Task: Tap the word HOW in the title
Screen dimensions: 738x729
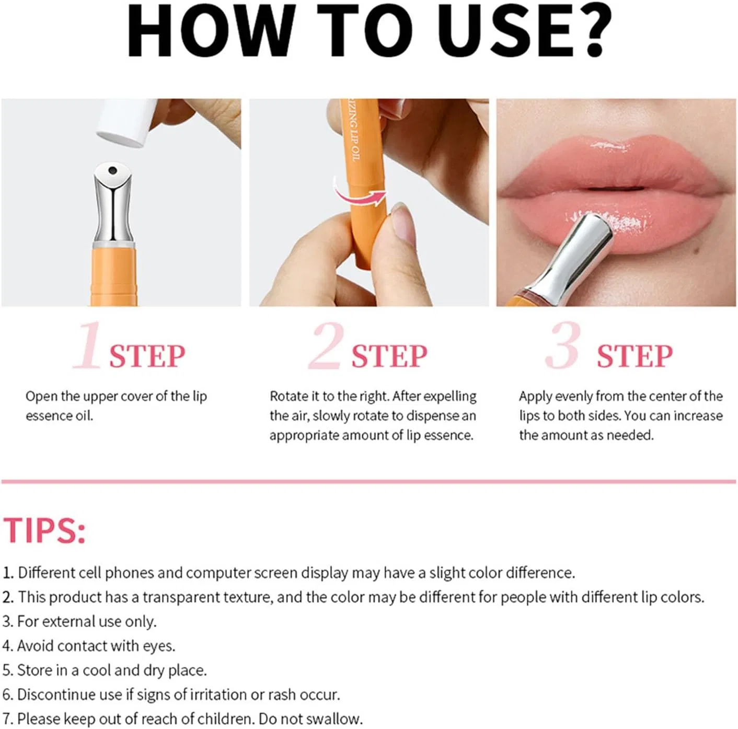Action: pos(209,31)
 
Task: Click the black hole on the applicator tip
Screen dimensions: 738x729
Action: pos(112,170)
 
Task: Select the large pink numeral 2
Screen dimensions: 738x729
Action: pos(326,345)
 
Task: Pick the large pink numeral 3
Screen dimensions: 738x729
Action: pos(563,345)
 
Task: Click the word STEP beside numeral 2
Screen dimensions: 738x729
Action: pos(389,356)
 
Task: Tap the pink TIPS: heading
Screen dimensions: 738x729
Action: pos(44,530)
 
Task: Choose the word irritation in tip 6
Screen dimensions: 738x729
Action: pos(217,695)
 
